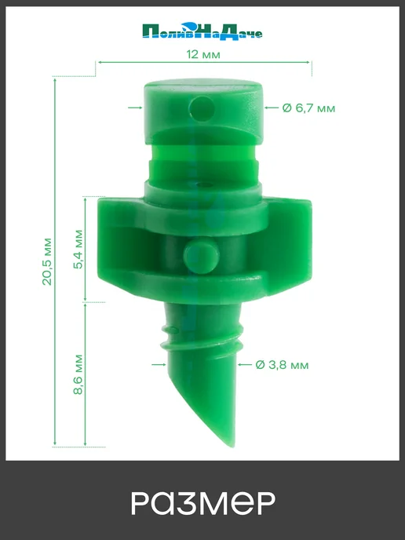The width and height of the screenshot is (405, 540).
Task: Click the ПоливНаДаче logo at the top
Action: [202, 31]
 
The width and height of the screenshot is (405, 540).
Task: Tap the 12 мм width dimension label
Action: [202, 54]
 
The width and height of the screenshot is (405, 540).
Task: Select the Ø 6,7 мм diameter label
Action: [308, 108]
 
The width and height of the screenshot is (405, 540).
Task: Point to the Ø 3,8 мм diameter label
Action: [282, 365]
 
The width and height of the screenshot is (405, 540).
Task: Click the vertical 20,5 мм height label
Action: [47, 261]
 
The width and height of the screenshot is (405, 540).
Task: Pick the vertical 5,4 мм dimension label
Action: [78, 249]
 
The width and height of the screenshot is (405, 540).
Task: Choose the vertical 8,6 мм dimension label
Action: [78, 374]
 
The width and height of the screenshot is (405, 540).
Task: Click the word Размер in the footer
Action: [203, 503]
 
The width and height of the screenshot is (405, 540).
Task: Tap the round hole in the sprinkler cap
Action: [202, 109]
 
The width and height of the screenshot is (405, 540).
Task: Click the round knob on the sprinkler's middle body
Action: [201, 257]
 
